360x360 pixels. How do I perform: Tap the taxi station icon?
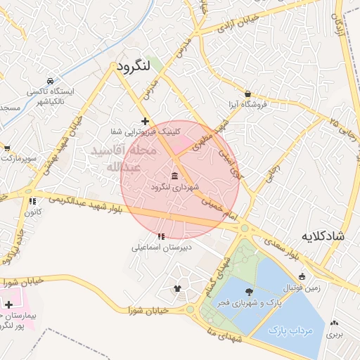[x=49, y=81]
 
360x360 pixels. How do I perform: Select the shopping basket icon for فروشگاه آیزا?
[x=248, y=94]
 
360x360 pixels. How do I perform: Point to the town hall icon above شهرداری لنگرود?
[x=174, y=176]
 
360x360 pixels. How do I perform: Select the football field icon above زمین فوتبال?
[x=302, y=276]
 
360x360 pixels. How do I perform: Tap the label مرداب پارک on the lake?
[x=290, y=329]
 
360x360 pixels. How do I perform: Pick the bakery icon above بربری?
[x=336, y=326]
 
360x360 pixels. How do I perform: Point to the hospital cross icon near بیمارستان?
[x=8, y=304]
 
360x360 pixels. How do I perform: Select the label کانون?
[x=34, y=211]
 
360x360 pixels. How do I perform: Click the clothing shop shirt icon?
[x=176, y=288]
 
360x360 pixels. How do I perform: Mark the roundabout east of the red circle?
[x=245, y=228]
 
